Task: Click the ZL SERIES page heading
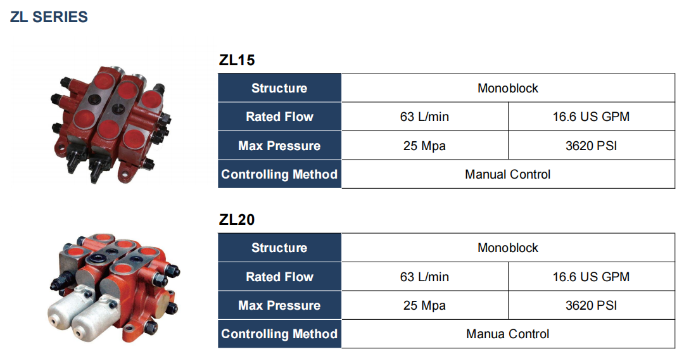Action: [49, 17]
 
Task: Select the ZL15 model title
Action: [237, 61]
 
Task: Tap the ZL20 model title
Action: [237, 220]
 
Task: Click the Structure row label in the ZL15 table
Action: [279, 88]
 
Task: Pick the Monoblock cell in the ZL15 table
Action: [507, 88]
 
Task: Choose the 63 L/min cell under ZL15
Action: [424, 117]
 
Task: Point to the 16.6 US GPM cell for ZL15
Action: [591, 117]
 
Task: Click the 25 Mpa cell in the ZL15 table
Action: [424, 146]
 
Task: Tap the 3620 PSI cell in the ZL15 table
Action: [591, 146]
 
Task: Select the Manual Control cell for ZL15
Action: [507, 174]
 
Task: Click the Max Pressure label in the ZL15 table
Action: [279, 146]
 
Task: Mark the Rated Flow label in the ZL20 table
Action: [279, 277]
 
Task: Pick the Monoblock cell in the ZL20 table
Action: [507, 248]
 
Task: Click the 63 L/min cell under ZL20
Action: [424, 277]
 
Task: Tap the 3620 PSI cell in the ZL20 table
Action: [591, 305]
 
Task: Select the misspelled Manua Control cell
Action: [507, 334]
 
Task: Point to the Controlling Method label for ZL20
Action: [279, 334]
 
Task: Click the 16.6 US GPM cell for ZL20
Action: [591, 277]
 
